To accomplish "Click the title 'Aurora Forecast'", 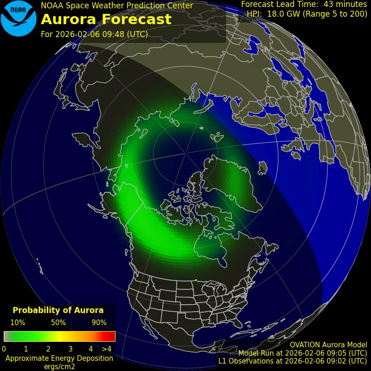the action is [106, 19].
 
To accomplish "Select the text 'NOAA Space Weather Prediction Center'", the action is [117, 6].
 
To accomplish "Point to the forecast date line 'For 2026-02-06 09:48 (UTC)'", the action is [95, 34].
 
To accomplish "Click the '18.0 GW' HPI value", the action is [284, 14].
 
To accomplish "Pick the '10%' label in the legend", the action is [18, 323].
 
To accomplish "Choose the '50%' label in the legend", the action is [58, 323].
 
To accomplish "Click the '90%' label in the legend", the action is [99, 323].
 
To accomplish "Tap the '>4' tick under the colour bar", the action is [107, 349].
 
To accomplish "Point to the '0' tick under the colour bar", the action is [4, 349].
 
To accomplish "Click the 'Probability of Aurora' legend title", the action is [58, 310].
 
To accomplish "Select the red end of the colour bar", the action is [110, 336].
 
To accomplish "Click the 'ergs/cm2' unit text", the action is [59, 366].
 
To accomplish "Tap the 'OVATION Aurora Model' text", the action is [328, 345].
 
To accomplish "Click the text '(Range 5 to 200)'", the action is [334, 14].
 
